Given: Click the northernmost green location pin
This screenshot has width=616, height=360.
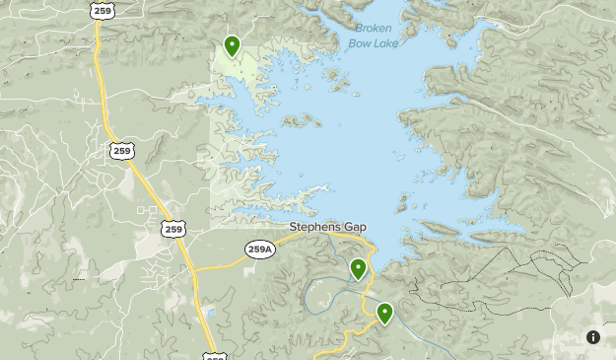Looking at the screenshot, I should pyautogui.click(x=232, y=45).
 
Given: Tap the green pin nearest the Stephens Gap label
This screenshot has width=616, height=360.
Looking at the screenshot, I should pyautogui.click(x=358, y=268).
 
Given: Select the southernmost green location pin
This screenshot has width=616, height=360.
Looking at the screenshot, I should pyautogui.click(x=384, y=314).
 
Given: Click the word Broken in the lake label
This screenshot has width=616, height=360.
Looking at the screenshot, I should pyautogui.click(x=373, y=28).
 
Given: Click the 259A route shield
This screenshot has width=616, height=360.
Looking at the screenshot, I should pyautogui.click(x=259, y=250).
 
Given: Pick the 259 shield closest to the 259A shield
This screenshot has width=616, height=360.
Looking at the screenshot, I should pyautogui.click(x=173, y=228).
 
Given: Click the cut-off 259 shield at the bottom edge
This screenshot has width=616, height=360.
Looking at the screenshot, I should pyautogui.click(x=215, y=355).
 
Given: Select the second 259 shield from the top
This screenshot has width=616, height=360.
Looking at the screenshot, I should pyautogui.click(x=121, y=150).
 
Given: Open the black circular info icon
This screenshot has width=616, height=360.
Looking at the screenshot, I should pyautogui.click(x=593, y=337).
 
